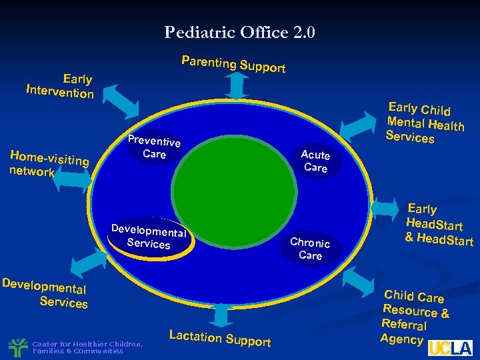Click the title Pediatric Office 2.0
click(x=240, y=32)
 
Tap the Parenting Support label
click(x=233, y=64)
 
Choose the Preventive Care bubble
click(x=154, y=147)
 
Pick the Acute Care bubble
click(x=315, y=161)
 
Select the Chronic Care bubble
click(x=310, y=249)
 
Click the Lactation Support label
click(x=220, y=338)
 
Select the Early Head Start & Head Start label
click(x=438, y=225)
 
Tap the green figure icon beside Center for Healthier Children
click(x=17, y=347)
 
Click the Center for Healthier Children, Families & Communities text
click(x=87, y=347)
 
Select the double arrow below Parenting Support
click(x=234, y=86)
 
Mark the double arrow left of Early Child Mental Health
click(x=363, y=125)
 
